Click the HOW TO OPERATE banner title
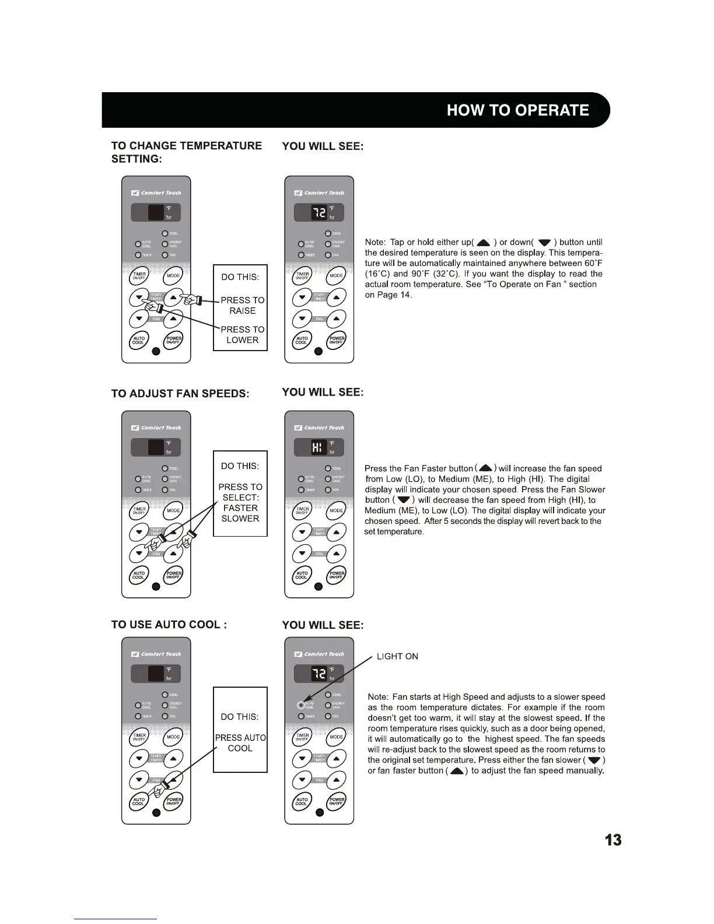coord(517,110)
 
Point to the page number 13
coord(612,840)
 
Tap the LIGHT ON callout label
coord(397,656)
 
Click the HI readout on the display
coord(317,447)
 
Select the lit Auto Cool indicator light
coord(301,704)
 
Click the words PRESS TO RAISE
coord(242,305)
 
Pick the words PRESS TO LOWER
coord(242,334)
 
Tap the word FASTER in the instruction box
coord(240,508)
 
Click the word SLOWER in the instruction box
coord(240,518)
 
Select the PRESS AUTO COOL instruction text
coord(240,743)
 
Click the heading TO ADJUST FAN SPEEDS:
coord(180,393)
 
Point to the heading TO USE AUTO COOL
coord(169,624)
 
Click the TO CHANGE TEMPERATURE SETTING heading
coord(186,152)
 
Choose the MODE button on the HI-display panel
coord(337,510)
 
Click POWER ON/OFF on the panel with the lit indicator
coord(337,803)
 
